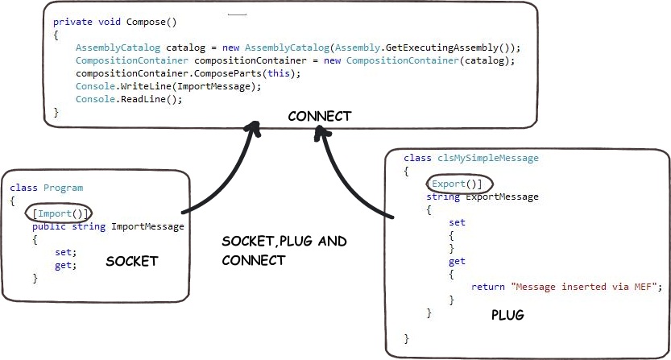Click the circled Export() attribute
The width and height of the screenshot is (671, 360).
click(455, 184)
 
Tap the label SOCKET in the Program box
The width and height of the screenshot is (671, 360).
click(133, 261)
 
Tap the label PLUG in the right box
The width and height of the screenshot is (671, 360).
click(507, 316)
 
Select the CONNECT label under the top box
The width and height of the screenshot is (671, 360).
click(320, 116)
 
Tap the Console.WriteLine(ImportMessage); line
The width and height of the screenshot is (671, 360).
click(168, 86)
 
